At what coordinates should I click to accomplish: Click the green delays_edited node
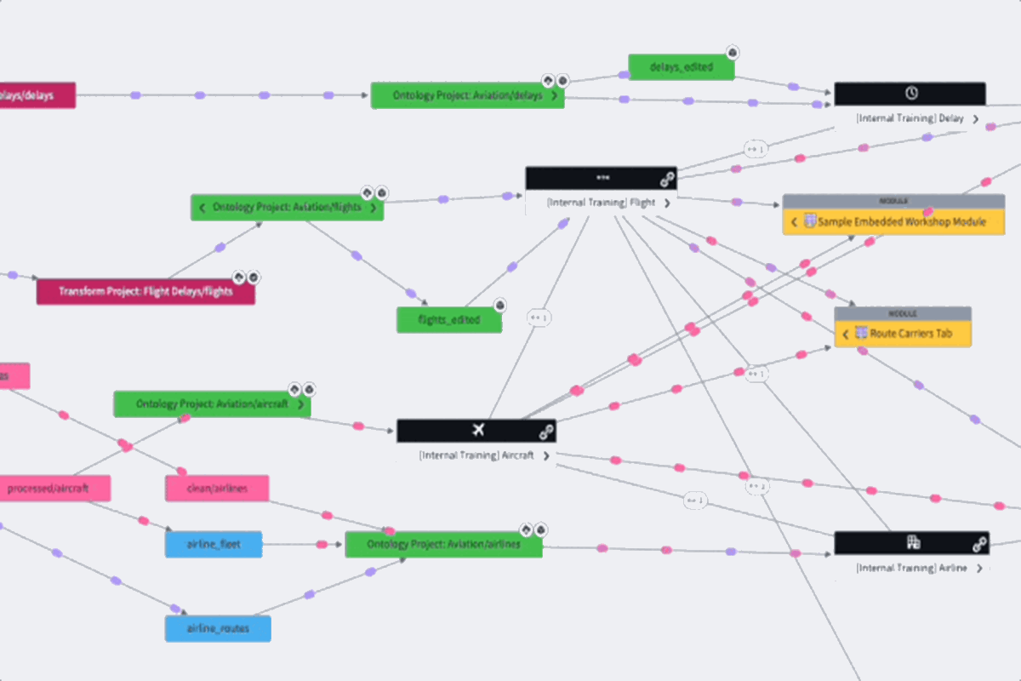tap(681, 67)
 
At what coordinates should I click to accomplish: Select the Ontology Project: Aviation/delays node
tap(467, 95)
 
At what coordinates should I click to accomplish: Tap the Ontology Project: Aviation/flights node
tap(287, 207)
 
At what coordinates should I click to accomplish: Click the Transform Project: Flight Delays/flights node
tap(145, 292)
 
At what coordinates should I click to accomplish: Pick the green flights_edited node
tap(449, 320)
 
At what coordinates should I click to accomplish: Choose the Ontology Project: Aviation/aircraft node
tap(212, 404)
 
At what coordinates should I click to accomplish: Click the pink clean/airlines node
tap(217, 489)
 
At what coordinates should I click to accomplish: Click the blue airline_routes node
tap(218, 629)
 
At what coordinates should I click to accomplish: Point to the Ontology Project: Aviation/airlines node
tap(443, 545)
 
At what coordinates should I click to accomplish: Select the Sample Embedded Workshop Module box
tap(893, 222)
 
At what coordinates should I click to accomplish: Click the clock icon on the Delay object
tap(910, 93)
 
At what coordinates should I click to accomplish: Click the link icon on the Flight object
tap(667, 179)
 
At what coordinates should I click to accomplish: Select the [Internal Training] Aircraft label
tap(476, 455)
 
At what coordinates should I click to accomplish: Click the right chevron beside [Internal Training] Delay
tap(975, 119)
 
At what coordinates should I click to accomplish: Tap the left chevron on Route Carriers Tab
tap(845, 335)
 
